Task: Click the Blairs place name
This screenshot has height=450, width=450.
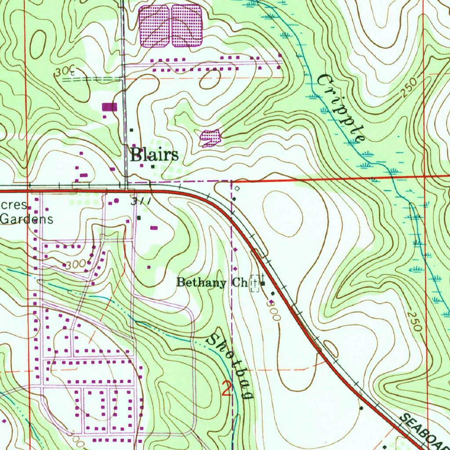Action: pyautogui.click(x=154, y=155)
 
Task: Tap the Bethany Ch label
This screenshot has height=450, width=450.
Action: pyautogui.click(x=211, y=283)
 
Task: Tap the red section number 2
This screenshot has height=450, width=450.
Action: pyautogui.click(x=226, y=389)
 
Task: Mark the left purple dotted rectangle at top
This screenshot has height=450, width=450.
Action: pyautogui.click(x=154, y=26)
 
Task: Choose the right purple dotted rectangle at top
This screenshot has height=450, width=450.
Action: pyautogui.click(x=186, y=26)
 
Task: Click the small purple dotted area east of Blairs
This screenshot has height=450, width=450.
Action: pyautogui.click(x=210, y=138)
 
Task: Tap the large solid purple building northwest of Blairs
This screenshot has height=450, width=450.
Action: pyautogui.click(x=110, y=107)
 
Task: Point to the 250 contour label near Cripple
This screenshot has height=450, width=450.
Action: pyautogui.click(x=409, y=89)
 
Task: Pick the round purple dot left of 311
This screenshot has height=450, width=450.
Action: pyautogui.click(x=116, y=201)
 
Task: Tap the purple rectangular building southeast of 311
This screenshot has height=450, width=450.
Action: pyautogui.click(x=154, y=228)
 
